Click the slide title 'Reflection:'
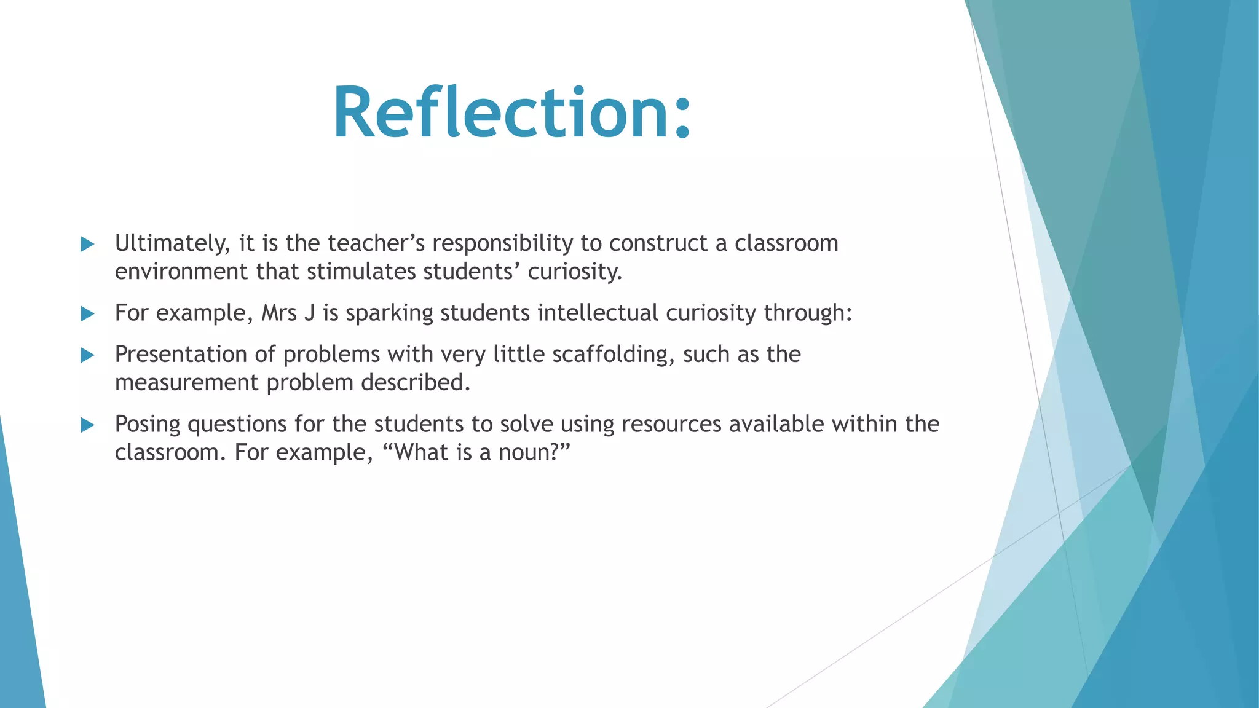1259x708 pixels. pyautogui.click(x=512, y=113)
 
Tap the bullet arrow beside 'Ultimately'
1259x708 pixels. pyautogui.click(x=88, y=244)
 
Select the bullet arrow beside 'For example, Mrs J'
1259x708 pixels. pyautogui.click(x=88, y=314)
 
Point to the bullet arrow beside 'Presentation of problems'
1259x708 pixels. pyautogui.click(x=88, y=355)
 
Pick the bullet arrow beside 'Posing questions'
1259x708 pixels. pyautogui.click(x=88, y=425)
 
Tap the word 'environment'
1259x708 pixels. pyautogui.click(x=181, y=272)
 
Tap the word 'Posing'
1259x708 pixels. pyautogui.click(x=148, y=425)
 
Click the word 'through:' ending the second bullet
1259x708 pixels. pyautogui.click(x=808, y=313)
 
